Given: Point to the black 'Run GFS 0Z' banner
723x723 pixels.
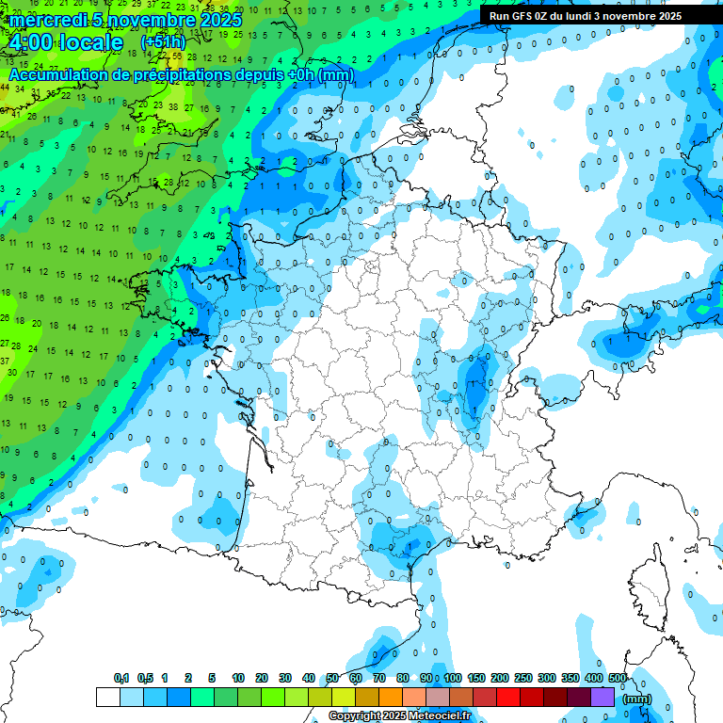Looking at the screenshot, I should click(x=586, y=16).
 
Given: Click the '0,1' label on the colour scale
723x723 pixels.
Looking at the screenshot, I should click(x=121, y=678).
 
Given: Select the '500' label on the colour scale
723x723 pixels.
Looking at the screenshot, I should click(x=618, y=678).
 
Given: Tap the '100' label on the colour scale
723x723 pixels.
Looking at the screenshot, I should click(x=453, y=678).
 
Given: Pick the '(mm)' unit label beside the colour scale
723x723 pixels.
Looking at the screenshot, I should click(x=637, y=699).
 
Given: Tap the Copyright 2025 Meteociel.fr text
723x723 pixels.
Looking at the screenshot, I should click(x=399, y=716).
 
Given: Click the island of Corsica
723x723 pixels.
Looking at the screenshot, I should click(x=650, y=584).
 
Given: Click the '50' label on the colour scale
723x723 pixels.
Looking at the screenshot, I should click(x=332, y=678).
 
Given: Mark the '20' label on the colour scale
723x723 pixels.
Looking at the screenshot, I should click(x=262, y=678).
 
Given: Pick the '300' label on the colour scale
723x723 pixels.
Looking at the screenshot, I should click(x=547, y=678).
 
